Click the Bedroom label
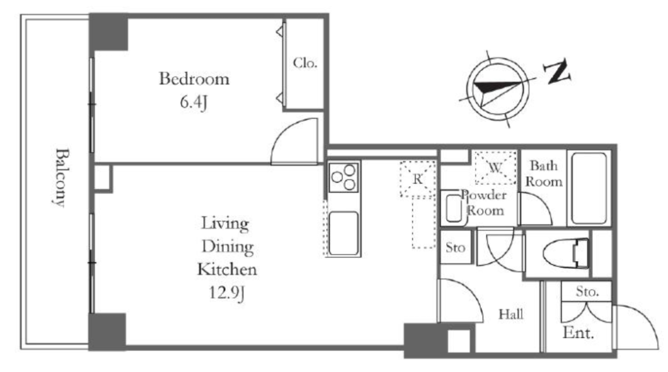click(194, 79)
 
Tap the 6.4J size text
click(193, 102)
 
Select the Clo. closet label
click(305, 63)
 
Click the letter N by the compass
click(557, 72)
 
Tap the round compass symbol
click(498, 89)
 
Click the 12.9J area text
click(226, 293)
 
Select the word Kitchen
click(227, 270)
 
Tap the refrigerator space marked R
click(418, 179)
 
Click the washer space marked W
click(496, 168)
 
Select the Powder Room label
click(485, 203)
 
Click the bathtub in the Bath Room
click(589, 188)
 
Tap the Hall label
click(511, 315)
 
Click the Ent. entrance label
click(578, 332)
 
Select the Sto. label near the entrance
click(588, 292)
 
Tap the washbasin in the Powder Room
click(454, 208)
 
